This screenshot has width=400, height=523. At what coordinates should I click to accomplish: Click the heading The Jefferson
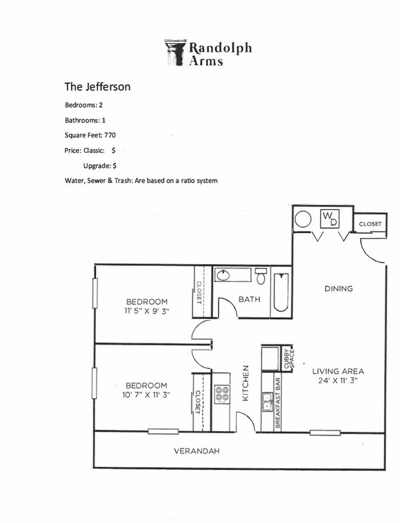tap(97, 87)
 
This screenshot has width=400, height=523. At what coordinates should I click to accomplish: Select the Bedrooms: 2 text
tap(84, 105)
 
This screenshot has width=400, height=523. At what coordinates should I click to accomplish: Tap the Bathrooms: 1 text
tap(86, 120)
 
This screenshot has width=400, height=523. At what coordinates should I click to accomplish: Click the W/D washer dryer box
tap(330, 219)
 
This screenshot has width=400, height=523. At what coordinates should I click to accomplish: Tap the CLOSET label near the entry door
tap(370, 224)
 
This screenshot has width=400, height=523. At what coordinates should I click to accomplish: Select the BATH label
tap(249, 299)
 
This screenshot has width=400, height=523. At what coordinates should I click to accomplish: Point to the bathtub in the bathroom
tap(280, 292)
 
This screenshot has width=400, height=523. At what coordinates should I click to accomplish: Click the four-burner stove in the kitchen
tap(222, 394)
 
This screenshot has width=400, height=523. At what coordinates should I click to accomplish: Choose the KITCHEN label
tap(245, 383)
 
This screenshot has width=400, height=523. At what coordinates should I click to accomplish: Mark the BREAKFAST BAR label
tap(278, 403)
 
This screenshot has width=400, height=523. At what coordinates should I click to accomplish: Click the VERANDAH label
tap(197, 451)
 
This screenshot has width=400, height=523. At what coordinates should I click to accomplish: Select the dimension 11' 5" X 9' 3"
tap(147, 311)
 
